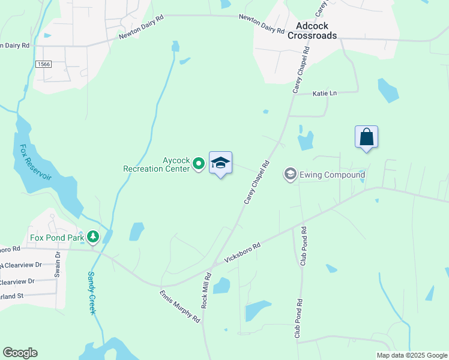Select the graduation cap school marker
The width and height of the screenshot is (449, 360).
point(220,163)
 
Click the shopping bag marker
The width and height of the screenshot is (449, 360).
point(366,137)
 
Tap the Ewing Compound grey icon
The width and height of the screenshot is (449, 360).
point(290,175)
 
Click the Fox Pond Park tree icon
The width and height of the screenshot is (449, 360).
point(92,238)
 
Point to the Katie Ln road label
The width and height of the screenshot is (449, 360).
point(325,93)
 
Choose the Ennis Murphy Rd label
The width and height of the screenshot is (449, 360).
point(179,307)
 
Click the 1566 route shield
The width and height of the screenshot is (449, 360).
point(43,64)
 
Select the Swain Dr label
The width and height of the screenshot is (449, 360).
point(58,263)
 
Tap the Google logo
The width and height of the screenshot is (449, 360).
point(20,353)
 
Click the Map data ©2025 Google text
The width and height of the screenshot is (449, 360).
point(412,355)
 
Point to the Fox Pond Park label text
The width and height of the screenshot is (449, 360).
point(58,238)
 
